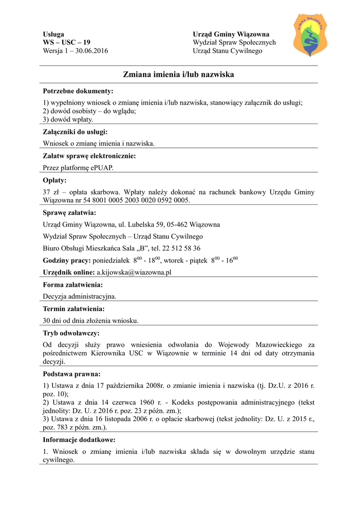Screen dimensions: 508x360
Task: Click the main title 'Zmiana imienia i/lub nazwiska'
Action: pos(178,74)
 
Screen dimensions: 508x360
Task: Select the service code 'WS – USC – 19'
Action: pos(67,43)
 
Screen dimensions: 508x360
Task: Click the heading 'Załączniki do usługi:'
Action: pos(75,132)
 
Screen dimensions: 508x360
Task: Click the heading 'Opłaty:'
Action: pos(55,180)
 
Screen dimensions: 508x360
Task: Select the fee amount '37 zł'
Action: pos(51,192)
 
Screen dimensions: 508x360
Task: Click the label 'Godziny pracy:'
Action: pos(67,260)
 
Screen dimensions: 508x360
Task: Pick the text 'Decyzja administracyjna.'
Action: pos(79,297)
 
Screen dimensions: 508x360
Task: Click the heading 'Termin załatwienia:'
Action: pos(74,309)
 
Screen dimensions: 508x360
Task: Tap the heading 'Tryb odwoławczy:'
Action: pos(71,333)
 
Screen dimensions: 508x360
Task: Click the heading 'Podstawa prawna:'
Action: pos(72,374)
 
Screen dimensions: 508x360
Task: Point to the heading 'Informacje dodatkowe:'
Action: pos(79,440)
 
